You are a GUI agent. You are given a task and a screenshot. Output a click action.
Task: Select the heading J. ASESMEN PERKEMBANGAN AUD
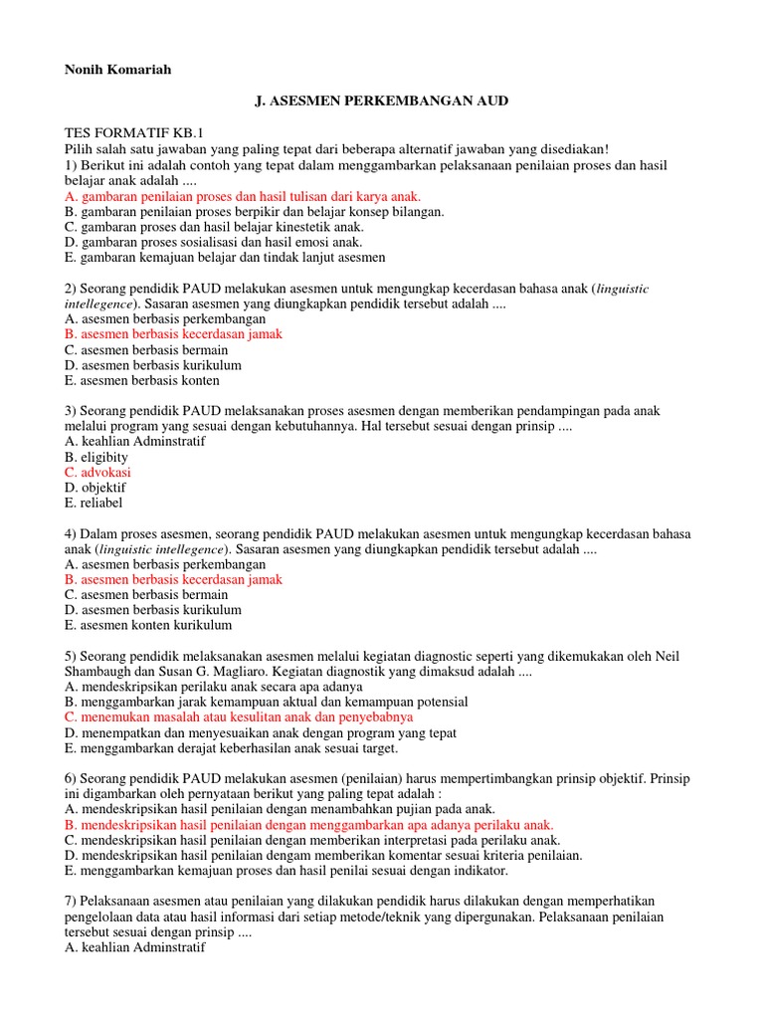click(382, 102)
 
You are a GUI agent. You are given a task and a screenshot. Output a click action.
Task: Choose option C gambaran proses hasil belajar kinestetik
click(214, 227)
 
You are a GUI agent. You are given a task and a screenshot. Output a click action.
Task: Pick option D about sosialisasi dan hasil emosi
click(213, 242)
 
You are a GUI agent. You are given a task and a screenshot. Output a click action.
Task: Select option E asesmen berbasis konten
click(142, 380)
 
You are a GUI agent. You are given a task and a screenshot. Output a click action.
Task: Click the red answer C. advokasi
click(97, 473)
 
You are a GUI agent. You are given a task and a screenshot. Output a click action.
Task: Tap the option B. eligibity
click(96, 457)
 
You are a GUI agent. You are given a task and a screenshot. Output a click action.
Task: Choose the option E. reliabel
click(95, 504)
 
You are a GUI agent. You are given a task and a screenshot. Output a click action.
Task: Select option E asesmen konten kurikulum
click(148, 625)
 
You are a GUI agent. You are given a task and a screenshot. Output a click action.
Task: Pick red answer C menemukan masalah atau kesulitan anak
click(239, 716)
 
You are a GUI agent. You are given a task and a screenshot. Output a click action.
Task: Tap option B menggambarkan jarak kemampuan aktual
click(266, 702)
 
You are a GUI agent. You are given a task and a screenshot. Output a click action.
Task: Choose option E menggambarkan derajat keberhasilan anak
click(231, 748)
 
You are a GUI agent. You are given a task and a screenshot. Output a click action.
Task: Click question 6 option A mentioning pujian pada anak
click(280, 810)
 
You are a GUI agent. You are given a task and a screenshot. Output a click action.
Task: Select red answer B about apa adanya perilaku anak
click(309, 825)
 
